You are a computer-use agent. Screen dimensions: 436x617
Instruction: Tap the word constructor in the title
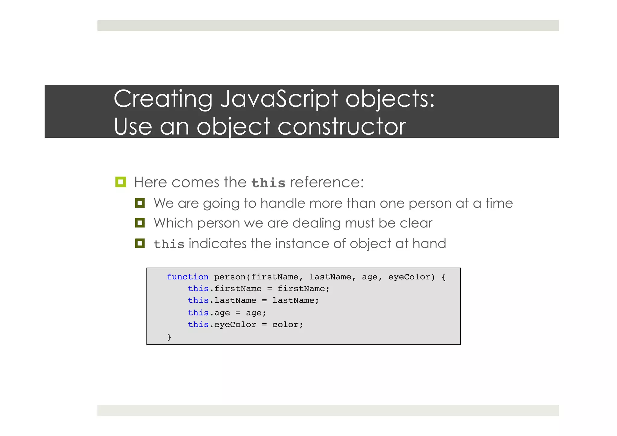pyautogui.click(x=342, y=127)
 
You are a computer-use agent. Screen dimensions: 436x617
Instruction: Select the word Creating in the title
pyautogui.click(x=163, y=99)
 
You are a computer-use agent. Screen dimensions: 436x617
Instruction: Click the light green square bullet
pyautogui.click(x=121, y=182)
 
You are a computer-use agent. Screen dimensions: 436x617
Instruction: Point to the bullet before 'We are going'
pyautogui.click(x=140, y=203)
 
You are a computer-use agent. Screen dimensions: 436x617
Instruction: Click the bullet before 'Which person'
pyautogui.click(x=140, y=223)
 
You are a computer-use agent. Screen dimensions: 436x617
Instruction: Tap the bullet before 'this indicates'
pyautogui.click(x=140, y=243)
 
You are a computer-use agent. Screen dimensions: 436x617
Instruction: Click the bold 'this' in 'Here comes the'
pyautogui.click(x=268, y=183)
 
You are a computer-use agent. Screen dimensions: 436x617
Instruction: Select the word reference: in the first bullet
pyautogui.click(x=327, y=182)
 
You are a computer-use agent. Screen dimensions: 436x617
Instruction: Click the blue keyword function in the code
pyautogui.click(x=188, y=277)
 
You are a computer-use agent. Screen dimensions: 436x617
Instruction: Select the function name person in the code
pyautogui.click(x=230, y=277)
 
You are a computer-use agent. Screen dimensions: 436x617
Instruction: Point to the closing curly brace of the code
pyautogui.click(x=169, y=337)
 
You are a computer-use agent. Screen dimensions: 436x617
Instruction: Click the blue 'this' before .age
pyautogui.click(x=198, y=313)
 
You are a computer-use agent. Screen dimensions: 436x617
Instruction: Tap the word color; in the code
pyautogui.click(x=287, y=325)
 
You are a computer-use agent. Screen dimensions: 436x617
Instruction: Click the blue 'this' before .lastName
pyautogui.click(x=198, y=300)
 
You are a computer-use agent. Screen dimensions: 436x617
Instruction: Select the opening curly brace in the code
pyautogui.click(x=443, y=277)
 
